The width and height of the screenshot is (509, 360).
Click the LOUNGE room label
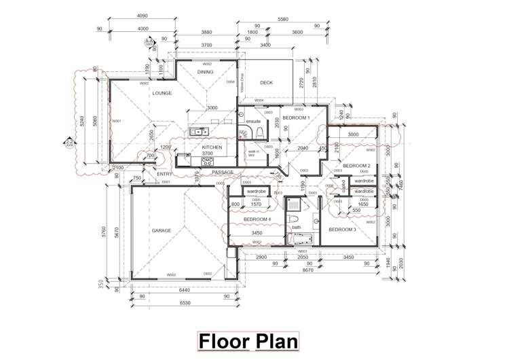(162, 93)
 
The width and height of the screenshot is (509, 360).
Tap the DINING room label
(205, 72)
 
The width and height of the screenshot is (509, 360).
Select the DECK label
(266, 83)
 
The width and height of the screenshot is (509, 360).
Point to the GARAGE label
(162, 230)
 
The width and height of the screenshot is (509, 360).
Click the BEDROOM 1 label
(296, 118)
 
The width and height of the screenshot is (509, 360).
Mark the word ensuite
(253, 122)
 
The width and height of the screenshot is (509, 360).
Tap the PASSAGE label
(223, 173)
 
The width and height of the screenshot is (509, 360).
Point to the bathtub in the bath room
(300, 239)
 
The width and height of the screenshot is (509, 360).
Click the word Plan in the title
(276, 341)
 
